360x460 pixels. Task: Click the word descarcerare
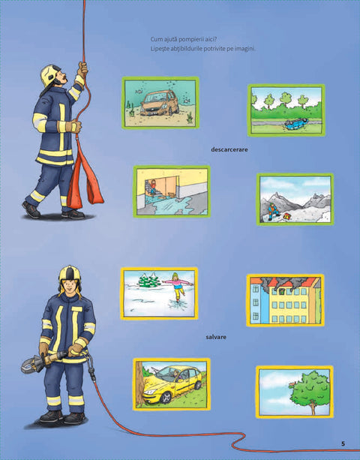click(229, 149)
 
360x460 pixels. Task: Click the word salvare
click(216, 338)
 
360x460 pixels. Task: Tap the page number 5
click(343, 443)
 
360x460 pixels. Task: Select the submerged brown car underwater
click(160, 103)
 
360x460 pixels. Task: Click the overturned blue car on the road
click(295, 122)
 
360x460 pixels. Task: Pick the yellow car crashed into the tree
click(172, 384)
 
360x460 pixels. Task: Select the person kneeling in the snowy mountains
click(273, 211)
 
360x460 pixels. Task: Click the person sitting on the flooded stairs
click(153, 187)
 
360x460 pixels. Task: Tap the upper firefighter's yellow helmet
click(49, 75)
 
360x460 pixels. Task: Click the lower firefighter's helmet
click(70, 275)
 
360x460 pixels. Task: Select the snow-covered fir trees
click(149, 280)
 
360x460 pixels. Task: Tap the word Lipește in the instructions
click(160, 49)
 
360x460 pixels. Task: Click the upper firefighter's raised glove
click(82, 69)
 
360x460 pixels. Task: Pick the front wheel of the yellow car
click(166, 398)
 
